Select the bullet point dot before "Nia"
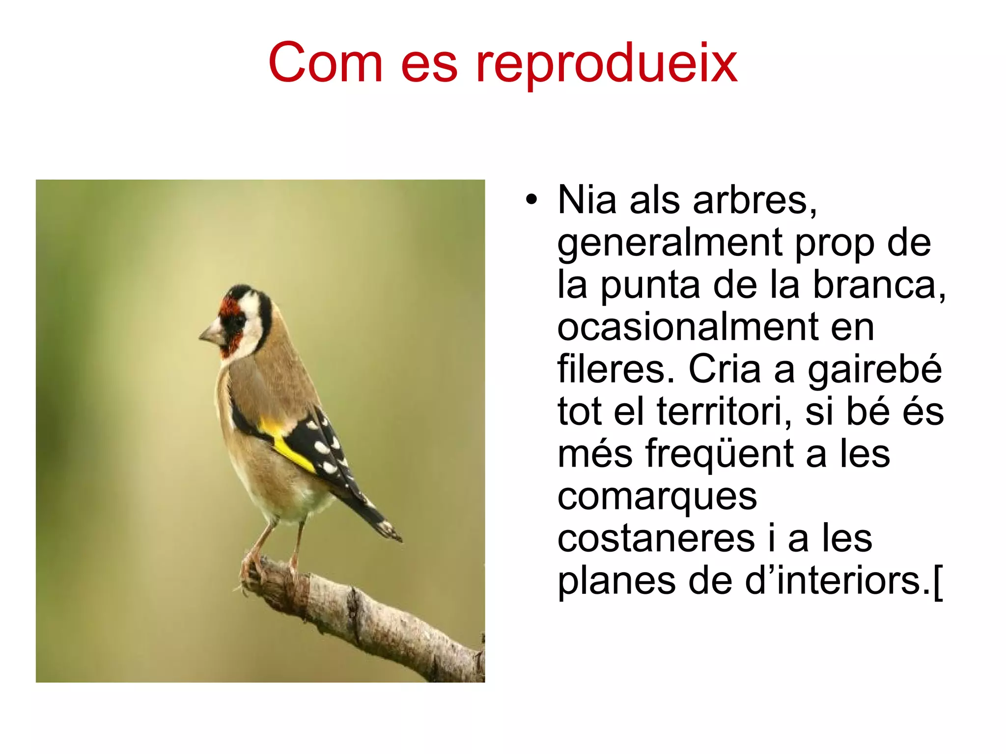531,200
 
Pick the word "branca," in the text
879,285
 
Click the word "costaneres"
656,538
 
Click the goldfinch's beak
210,333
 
